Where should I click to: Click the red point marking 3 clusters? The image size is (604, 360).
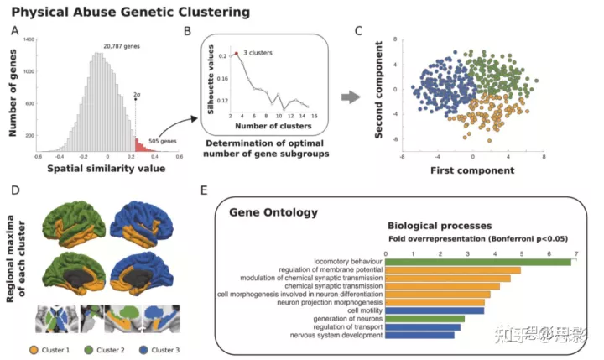[x=237, y=54]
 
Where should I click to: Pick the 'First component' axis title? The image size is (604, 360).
[x=472, y=170]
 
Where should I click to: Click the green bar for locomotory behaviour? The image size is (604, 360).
[x=478, y=261]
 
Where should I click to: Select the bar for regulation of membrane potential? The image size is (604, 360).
[x=453, y=270]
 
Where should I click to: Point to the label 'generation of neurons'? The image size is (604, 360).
[x=343, y=319]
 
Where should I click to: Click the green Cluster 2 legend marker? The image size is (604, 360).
[x=91, y=348]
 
